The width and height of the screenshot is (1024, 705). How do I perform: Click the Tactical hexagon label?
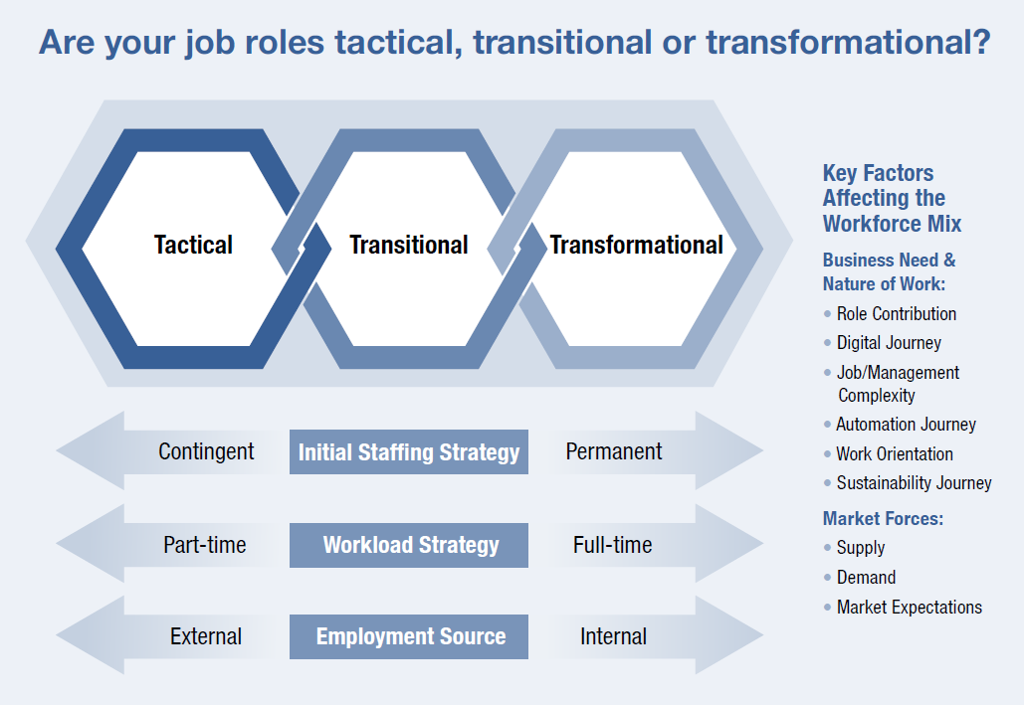tap(193, 245)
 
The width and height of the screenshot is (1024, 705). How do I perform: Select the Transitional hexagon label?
tap(408, 245)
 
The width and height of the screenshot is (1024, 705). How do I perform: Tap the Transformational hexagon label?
tap(636, 245)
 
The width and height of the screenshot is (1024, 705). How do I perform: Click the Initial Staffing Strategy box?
tap(409, 452)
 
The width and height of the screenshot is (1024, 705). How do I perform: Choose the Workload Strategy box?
tap(409, 545)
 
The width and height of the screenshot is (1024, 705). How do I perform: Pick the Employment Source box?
tap(409, 636)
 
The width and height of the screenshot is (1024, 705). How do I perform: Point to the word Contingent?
tap(206, 451)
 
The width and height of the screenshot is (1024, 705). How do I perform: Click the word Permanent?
tap(614, 451)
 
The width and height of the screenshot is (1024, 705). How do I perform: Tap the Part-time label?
tap(205, 545)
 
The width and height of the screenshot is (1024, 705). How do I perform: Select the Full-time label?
tap(613, 545)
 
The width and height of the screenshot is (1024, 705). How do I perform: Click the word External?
tap(206, 636)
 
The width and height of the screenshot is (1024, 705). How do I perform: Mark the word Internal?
tap(613, 636)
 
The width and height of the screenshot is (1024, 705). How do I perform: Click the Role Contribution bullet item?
tap(896, 313)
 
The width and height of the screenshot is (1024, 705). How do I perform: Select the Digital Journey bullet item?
tap(889, 343)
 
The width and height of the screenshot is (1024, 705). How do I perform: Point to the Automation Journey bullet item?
tap(906, 425)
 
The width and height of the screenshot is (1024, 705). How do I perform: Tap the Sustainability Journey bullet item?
tap(914, 483)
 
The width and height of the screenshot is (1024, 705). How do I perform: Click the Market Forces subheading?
tap(883, 518)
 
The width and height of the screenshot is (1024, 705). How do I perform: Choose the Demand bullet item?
tap(866, 578)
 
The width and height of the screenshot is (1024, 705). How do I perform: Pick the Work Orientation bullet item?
tap(895, 454)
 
